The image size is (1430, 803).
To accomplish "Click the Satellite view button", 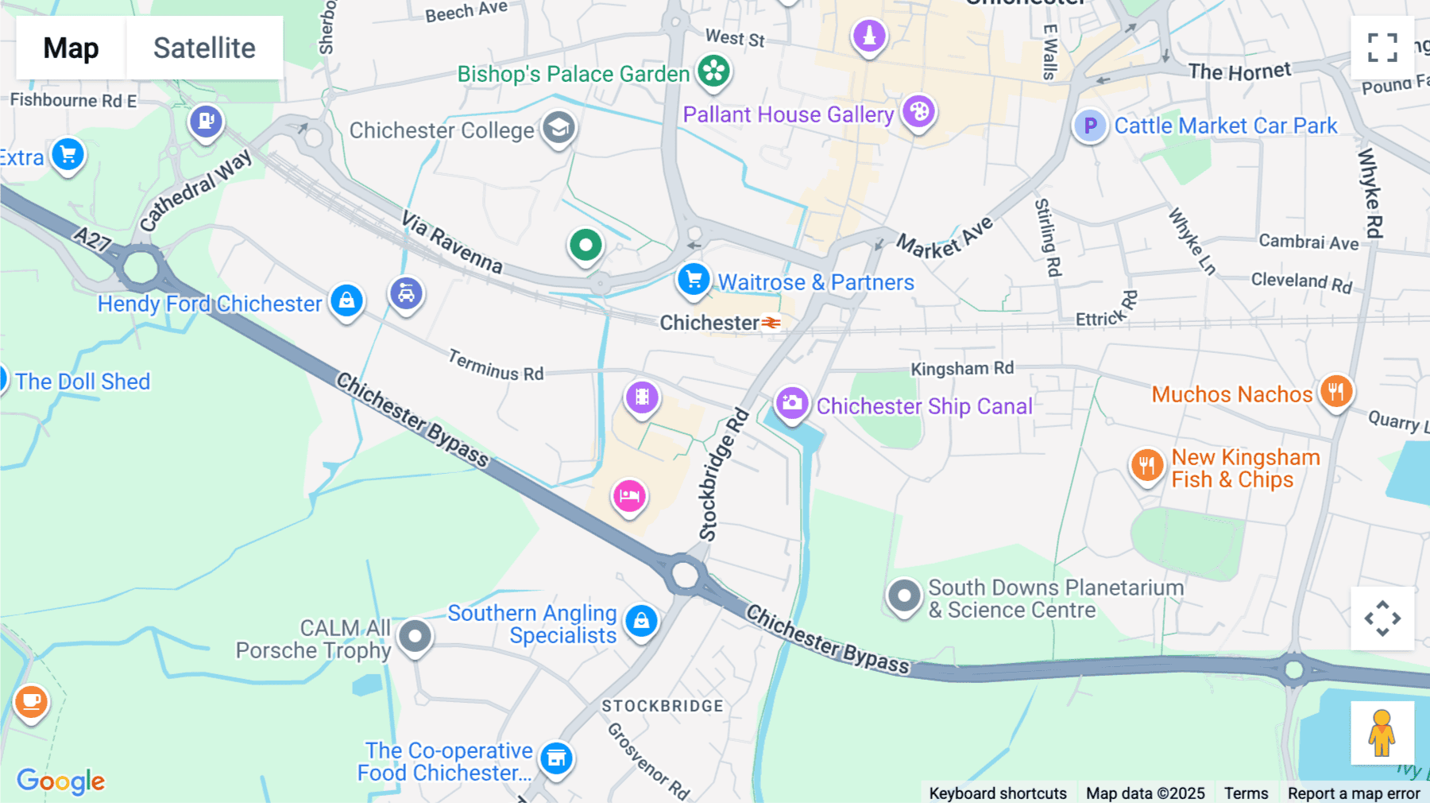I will [x=204, y=48].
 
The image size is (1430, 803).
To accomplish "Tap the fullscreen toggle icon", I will [x=1382, y=48].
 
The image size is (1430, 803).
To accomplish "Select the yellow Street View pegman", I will [x=1382, y=733].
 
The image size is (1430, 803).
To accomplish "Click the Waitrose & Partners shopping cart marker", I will [x=694, y=280].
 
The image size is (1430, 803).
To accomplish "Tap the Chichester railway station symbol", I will [x=771, y=323].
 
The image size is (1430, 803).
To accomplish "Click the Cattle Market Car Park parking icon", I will [x=1090, y=126].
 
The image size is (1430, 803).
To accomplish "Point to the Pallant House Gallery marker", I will [x=918, y=112].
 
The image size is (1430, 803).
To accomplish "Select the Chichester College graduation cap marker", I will [x=558, y=128].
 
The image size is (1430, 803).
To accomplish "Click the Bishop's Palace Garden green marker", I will [x=713, y=72].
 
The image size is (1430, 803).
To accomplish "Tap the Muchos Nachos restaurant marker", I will [x=1336, y=391].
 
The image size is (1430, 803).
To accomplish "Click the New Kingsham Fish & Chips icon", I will [x=1146, y=466].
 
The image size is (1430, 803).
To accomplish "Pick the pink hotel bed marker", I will [x=629, y=497].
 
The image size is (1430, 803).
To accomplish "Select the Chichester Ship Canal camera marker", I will [x=791, y=404].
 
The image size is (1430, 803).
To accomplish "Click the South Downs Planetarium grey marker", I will [x=903, y=595].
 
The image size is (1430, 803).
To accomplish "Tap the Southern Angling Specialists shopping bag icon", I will [x=641, y=621].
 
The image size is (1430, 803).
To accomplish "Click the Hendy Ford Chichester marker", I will [x=346, y=301].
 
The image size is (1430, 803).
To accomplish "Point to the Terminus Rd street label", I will [x=496, y=366].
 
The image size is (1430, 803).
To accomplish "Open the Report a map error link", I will [x=1354, y=793].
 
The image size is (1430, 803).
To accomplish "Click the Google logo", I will [x=61, y=781].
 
